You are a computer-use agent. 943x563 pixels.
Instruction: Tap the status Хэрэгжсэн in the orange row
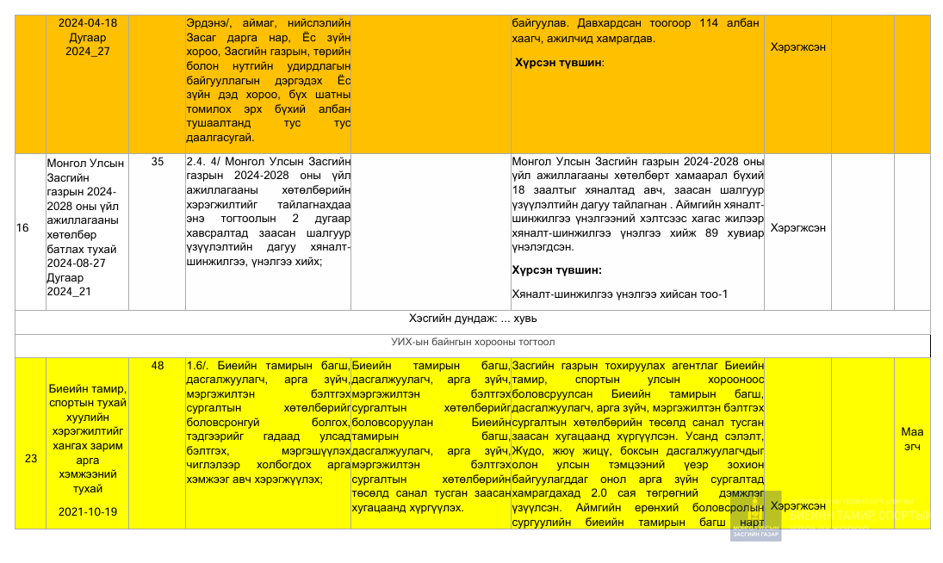pyautogui.click(x=797, y=47)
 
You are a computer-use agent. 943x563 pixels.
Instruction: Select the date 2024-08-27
pyautogui.click(x=78, y=263)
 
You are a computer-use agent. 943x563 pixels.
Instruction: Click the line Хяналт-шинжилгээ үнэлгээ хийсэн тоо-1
pyautogui.click(x=619, y=294)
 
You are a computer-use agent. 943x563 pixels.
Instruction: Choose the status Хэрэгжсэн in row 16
pyautogui.click(x=797, y=228)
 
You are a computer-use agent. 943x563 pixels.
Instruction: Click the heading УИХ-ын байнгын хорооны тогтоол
pyautogui.click(x=473, y=342)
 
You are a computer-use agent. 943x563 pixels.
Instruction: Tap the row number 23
pyautogui.click(x=31, y=459)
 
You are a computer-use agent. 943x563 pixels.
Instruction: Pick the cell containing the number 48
pyautogui.click(x=158, y=366)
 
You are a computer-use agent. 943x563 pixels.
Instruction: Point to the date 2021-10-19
pyautogui.click(x=88, y=511)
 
